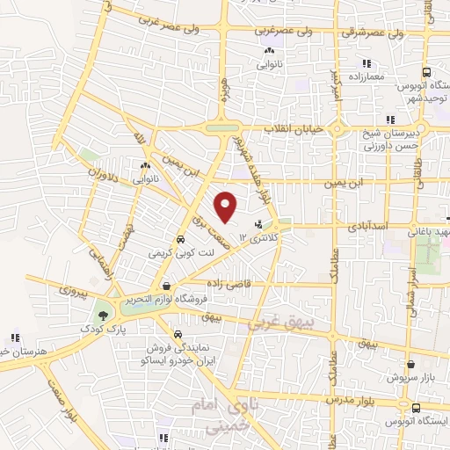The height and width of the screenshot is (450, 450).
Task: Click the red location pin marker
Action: point(226,207)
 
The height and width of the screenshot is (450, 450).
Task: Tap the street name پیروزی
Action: point(75,290)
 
